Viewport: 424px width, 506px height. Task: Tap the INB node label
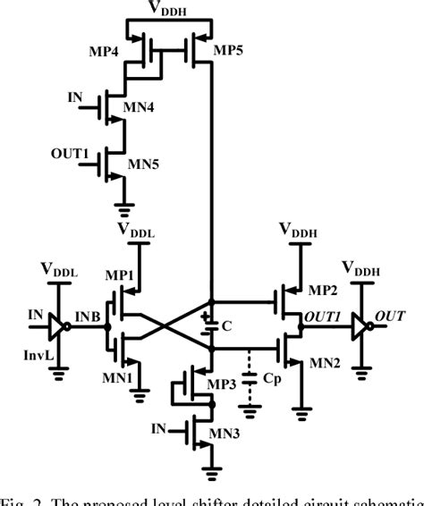[88, 315]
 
